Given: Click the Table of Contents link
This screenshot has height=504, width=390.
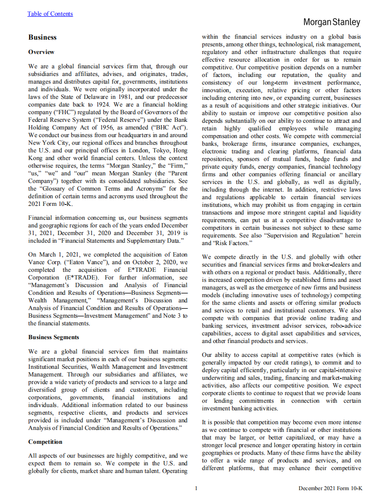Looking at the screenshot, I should point(50,14).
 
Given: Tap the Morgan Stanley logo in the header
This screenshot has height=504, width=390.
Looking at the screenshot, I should point(332,22).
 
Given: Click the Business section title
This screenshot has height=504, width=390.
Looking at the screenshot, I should point(42,37).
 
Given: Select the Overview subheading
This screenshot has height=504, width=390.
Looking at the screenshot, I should point(41,52).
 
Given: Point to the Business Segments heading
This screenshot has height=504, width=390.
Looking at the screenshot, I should point(54,337).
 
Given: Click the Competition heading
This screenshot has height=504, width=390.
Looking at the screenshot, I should point(45,442).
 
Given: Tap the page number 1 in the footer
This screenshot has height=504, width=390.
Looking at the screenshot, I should point(196,488).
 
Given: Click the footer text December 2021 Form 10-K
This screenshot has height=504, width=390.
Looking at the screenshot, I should point(330,488).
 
